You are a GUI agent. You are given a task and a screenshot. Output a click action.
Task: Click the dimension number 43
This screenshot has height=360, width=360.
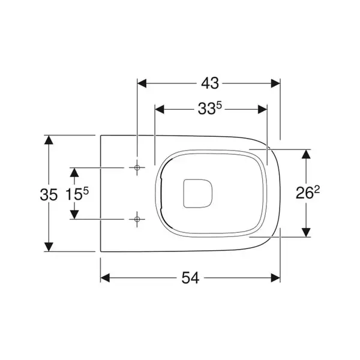click(210, 83)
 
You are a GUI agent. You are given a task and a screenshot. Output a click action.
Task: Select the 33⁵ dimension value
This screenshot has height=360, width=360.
click(209, 109)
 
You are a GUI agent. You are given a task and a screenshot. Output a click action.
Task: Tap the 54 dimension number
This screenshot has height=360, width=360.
click(190, 278)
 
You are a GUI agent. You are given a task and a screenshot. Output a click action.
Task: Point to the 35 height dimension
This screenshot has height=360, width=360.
click(49, 194)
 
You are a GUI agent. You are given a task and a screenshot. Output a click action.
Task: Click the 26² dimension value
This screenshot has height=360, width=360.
click(307, 192)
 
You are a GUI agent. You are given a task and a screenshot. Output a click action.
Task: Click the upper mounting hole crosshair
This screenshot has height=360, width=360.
click(137, 167)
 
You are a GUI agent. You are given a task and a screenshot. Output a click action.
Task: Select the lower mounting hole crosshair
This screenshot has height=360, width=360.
click(137, 219)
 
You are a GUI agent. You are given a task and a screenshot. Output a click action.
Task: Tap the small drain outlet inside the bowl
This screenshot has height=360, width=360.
click(197, 194)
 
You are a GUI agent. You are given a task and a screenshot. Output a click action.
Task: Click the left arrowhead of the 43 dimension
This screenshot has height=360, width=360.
click(142, 83)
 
